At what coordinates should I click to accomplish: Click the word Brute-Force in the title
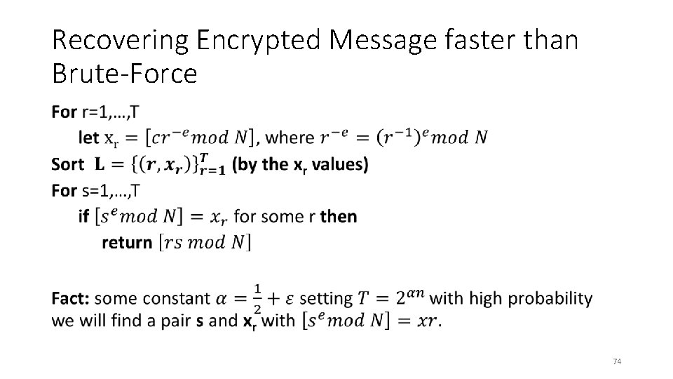pos(125,73)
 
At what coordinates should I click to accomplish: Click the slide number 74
pos(617,361)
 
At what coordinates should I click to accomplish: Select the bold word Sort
pos(68,164)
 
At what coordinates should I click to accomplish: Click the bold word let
pos(89,138)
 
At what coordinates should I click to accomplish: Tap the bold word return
pos(127,243)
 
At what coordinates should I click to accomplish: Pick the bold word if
pos(83,216)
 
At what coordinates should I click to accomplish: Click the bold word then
pos(338,216)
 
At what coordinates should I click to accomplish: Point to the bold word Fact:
pos(70,298)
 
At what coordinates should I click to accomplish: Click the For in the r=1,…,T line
pos(64,112)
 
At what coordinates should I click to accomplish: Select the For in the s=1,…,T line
pos(64,190)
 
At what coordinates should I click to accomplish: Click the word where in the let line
pos(292,138)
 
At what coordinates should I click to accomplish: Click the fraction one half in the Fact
pos(258,298)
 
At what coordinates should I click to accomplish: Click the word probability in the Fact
pos(550,298)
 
